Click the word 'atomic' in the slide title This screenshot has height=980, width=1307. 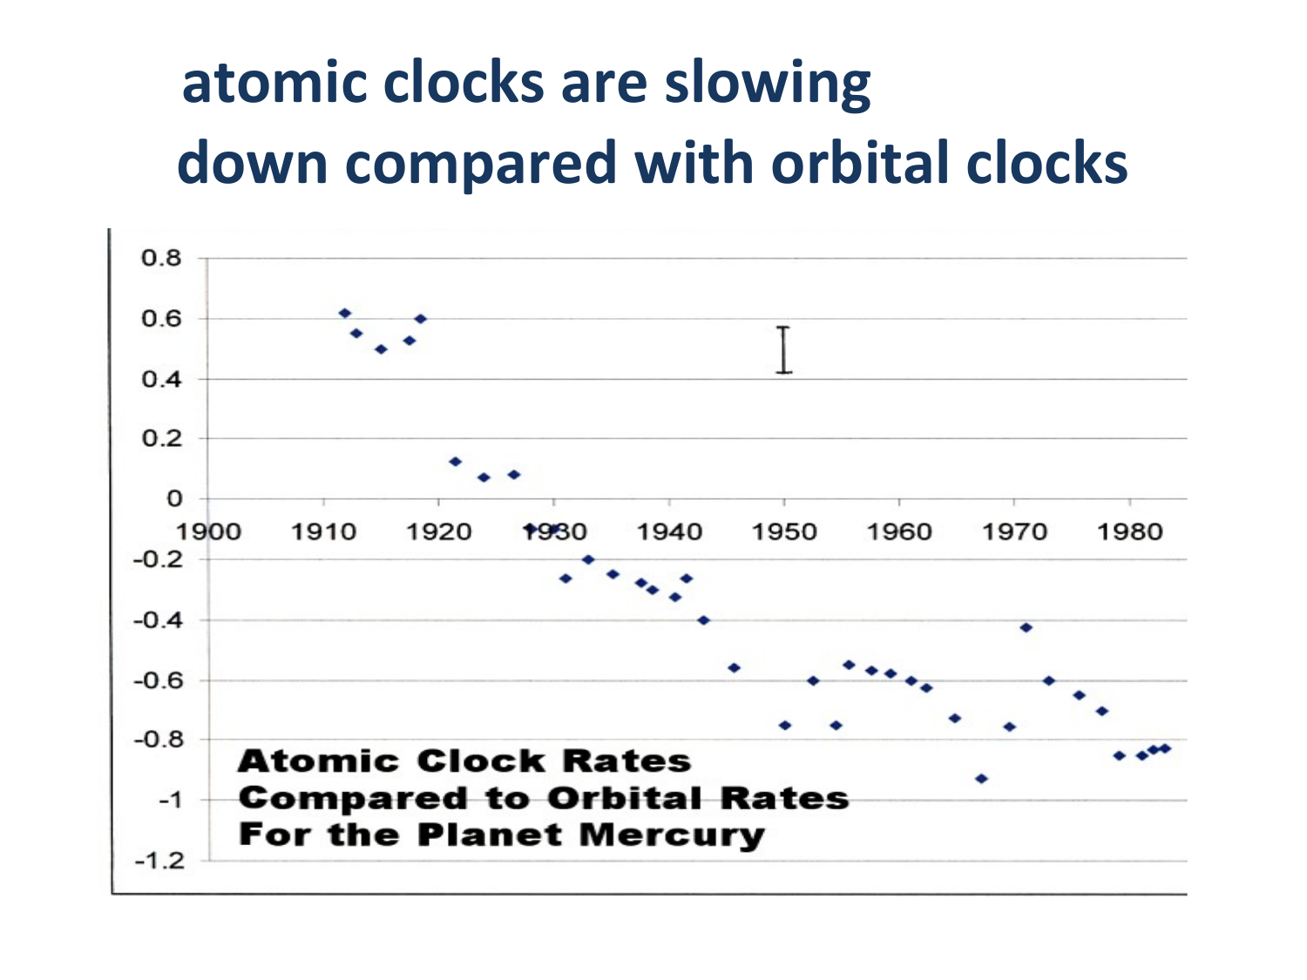274,83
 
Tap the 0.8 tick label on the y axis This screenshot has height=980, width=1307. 161,258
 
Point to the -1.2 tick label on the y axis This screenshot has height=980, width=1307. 159,861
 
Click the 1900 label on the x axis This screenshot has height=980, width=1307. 208,531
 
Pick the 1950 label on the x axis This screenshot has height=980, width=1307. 784,531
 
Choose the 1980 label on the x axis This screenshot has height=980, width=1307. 1129,531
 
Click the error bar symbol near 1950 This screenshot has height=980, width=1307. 783,350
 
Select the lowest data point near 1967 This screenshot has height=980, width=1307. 981,778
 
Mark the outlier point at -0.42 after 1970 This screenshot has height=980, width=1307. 1026,627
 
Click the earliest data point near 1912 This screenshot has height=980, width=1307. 345,313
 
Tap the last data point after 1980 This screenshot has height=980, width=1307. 1165,748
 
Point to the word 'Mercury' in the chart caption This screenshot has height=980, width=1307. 672,835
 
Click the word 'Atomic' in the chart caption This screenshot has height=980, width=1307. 319,761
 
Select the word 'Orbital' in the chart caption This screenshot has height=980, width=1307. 625,799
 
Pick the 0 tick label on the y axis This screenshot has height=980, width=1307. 174,498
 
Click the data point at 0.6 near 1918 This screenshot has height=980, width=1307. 420,318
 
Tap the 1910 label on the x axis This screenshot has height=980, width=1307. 323,531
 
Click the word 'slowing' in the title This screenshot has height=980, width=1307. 768,84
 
